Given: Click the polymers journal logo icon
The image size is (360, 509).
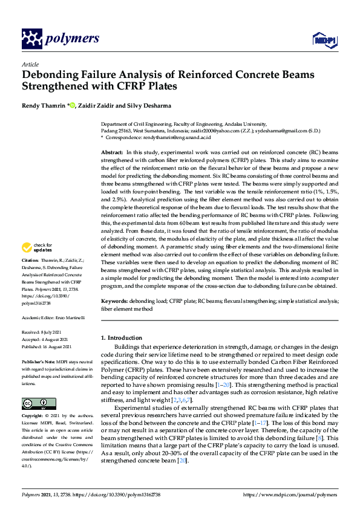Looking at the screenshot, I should [x=32, y=39].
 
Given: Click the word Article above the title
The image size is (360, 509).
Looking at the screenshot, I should [x=30, y=64].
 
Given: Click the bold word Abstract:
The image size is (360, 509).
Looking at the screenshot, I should [x=112, y=153].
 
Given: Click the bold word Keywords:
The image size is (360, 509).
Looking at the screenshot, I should [x=114, y=300].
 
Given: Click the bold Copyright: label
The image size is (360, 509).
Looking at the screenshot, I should [x=33, y=417].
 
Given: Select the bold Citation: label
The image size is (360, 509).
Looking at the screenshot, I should [x=31, y=277].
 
